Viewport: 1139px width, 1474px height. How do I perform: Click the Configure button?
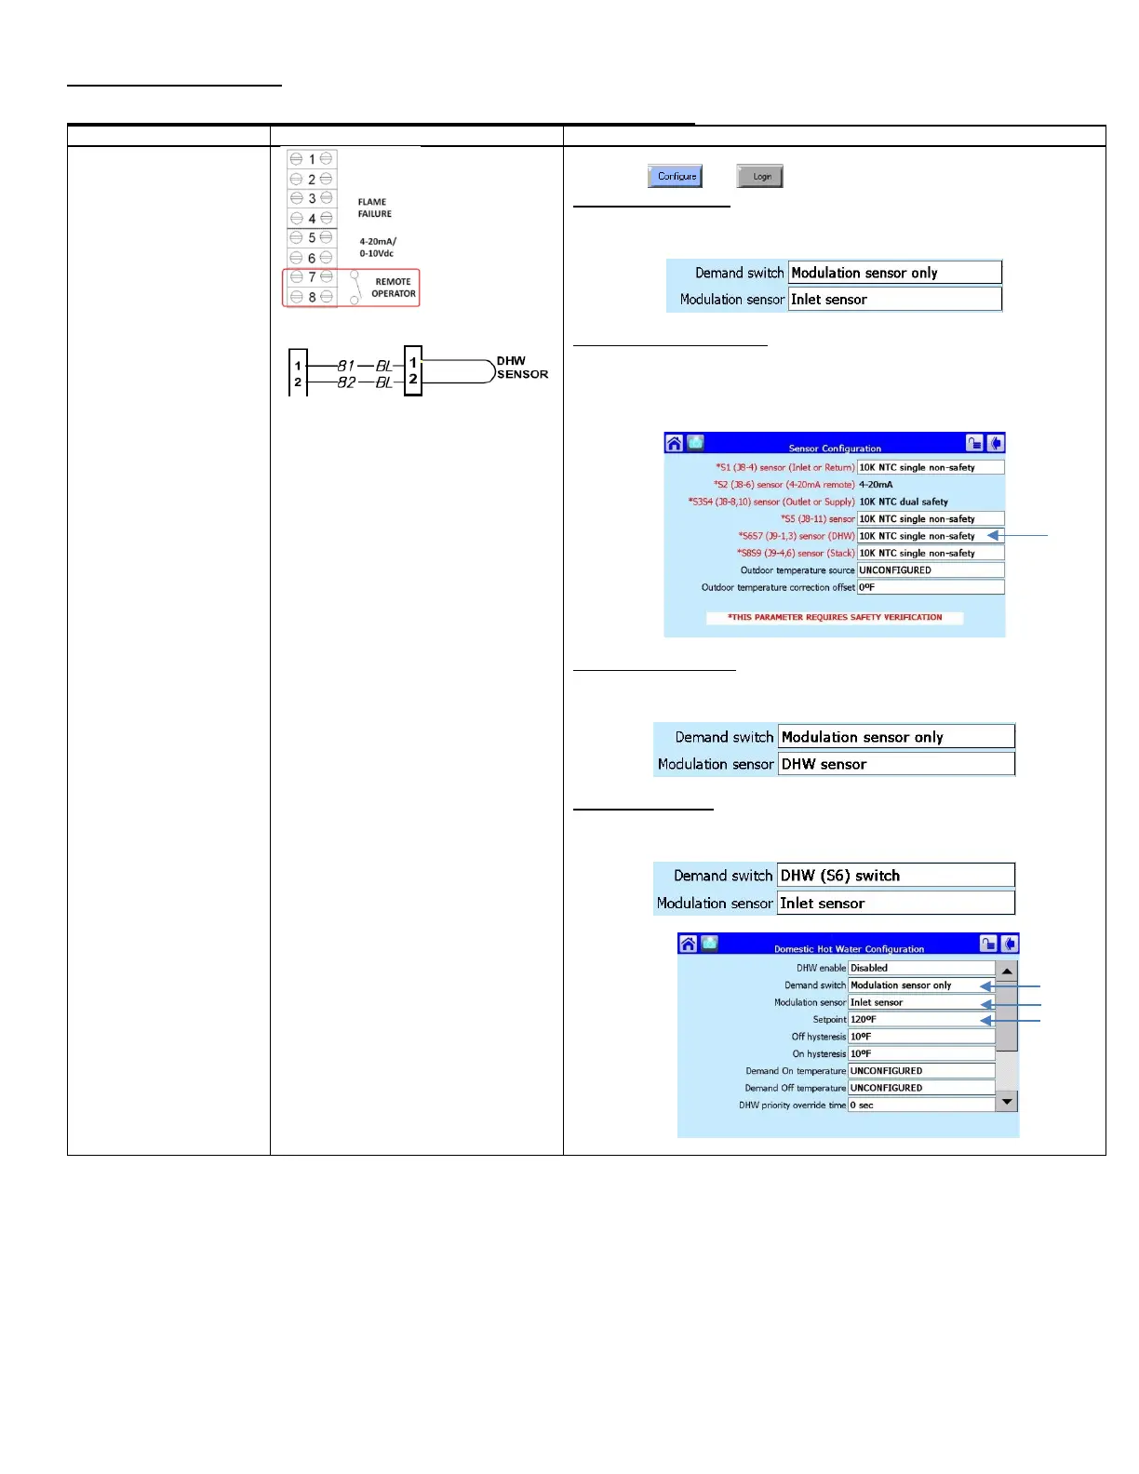click(676, 176)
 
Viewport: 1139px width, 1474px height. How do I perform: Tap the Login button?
click(760, 176)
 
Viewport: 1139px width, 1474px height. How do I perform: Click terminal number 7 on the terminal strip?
click(311, 277)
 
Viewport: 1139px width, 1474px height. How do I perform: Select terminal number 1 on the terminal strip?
click(311, 159)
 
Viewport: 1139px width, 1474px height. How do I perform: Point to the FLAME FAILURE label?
click(374, 208)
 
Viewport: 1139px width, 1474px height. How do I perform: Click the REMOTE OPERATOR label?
click(393, 288)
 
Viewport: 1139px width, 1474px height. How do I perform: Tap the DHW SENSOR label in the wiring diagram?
click(521, 368)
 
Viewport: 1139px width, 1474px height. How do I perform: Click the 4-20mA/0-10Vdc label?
click(377, 248)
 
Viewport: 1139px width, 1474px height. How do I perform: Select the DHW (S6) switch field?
click(895, 876)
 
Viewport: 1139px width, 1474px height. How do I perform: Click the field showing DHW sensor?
click(895, 764)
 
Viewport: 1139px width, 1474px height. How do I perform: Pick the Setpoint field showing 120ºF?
click(920, 1020)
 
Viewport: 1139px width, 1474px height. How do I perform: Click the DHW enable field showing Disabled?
click(920, 968)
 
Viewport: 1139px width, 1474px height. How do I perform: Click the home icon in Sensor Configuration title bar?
click(675, 444)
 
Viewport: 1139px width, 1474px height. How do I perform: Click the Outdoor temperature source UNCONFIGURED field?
click(930, 570)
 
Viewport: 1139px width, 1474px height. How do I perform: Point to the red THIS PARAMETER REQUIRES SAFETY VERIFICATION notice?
click(835, 617)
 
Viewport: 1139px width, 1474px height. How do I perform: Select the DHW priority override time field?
click(920, 1105)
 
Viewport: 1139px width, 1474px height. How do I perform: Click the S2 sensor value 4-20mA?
click(876, 485)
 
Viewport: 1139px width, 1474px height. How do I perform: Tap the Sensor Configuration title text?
click(835, 449)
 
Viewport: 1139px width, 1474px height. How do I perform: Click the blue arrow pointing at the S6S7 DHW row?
click(1018, 535)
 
